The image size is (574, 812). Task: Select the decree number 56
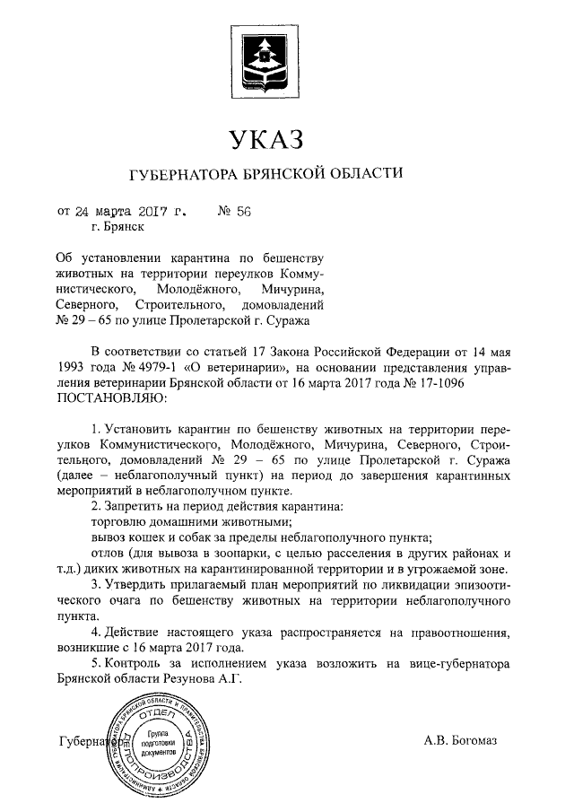coord(241,213)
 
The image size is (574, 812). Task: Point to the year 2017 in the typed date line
coord(152,213)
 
